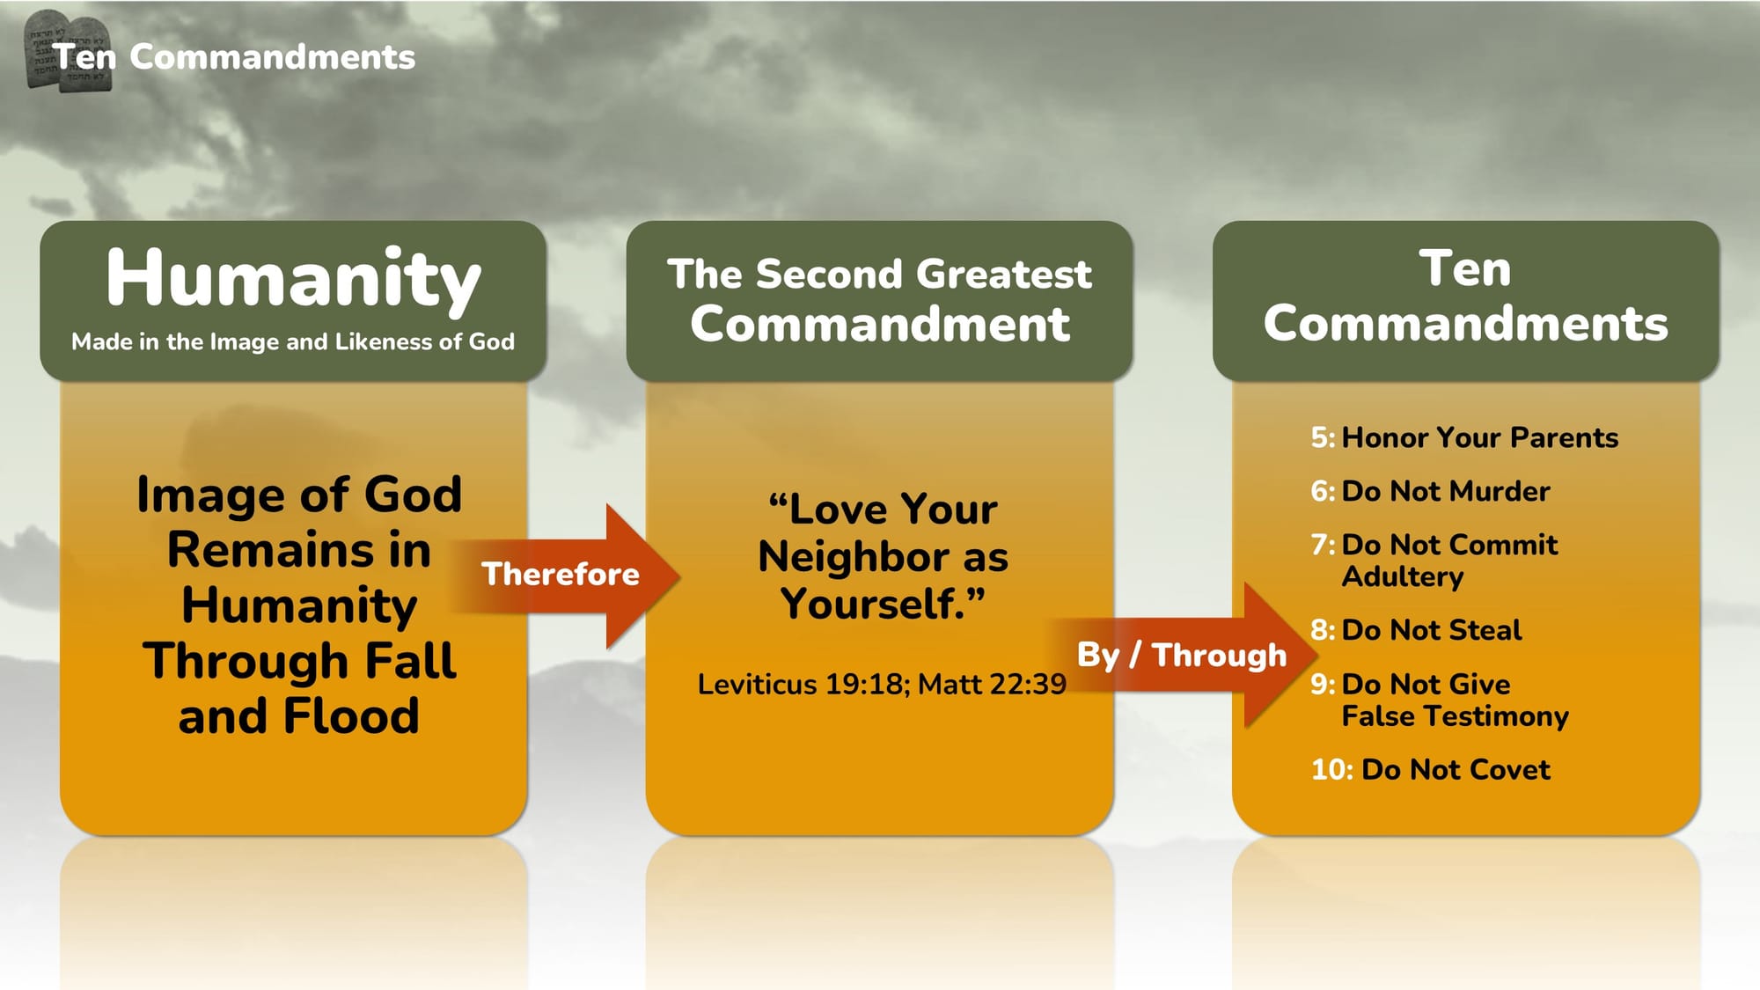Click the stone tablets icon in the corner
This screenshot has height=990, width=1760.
coord(69,51)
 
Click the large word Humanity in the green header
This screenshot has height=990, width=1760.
coord(293,280)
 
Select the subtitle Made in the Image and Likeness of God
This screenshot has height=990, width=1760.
coord(293,341)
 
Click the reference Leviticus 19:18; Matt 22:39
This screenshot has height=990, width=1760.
coord(882,684)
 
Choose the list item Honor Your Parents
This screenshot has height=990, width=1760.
coord(1479,437)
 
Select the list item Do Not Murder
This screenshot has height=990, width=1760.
coord(1446,491)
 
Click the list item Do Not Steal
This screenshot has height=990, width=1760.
coord(1432,630)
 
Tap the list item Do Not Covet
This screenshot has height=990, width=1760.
coord(1456,770)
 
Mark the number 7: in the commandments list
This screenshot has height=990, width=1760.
coord(1324,545)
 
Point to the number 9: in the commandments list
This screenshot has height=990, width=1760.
coord(1324,684)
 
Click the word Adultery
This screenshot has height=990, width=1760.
coord(1403,577)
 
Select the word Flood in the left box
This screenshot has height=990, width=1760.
coord(351,715)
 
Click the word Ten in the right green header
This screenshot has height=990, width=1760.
coord(1465,268)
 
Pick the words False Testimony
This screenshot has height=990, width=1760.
coord(1456,716)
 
